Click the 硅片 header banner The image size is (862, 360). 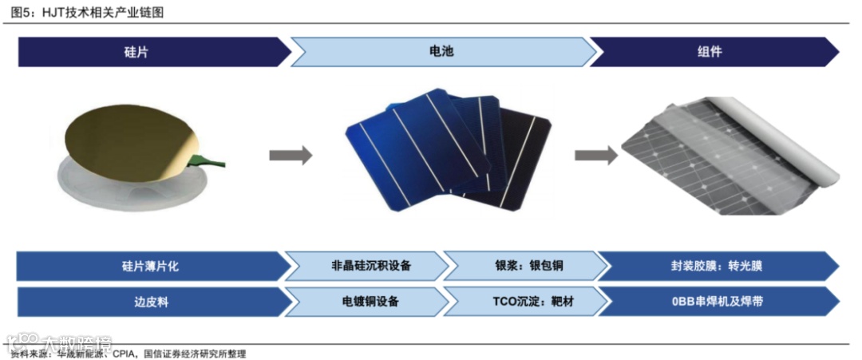click(x=152, y=52)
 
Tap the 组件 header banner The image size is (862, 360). click(x=710, y=52)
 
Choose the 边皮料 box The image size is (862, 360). click(x=152, y=302)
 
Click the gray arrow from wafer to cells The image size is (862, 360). click(x=290, y=155)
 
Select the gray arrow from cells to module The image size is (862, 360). click(x=595, y=155)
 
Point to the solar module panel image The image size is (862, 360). click(x=726, y=156)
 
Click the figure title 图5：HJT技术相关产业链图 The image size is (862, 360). click(x=89, y=11)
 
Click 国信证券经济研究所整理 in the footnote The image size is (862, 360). click(x=196, y=354)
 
